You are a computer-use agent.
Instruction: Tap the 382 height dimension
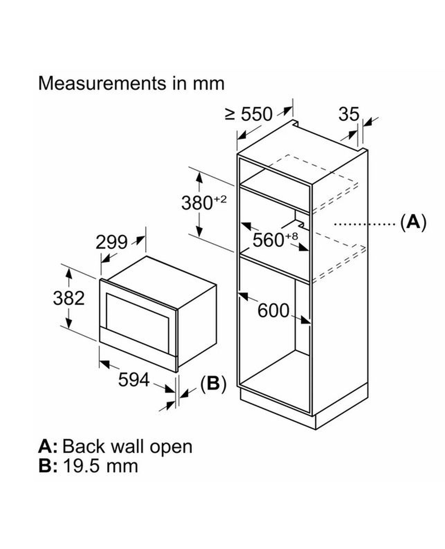pos(69,298)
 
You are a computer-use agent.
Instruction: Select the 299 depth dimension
pos(111,242)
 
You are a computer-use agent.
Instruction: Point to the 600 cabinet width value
pos(273,311)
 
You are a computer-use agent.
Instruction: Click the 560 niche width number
pos(268,240)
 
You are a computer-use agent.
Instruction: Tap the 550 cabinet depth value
pos(256,114)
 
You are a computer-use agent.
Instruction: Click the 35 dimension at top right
pos(349,114)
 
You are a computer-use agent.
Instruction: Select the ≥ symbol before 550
pos(230,114)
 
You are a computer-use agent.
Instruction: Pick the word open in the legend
pos(171,447)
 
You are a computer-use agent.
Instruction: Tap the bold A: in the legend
pos(48,447)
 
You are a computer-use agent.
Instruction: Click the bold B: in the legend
pos(48,466)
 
